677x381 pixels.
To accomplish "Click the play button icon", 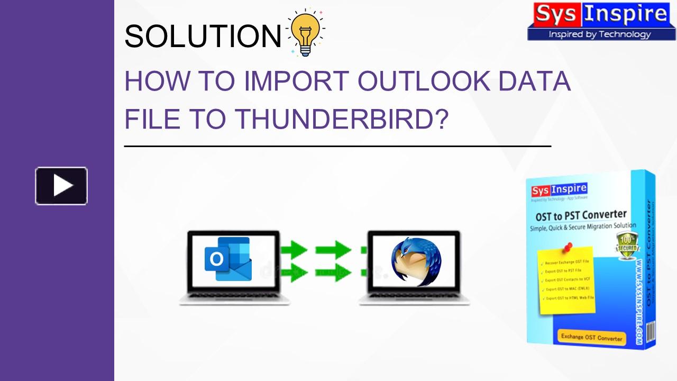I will point(61,186).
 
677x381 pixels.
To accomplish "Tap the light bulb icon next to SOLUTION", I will point(305,33).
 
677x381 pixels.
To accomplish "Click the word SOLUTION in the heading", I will point(203,36).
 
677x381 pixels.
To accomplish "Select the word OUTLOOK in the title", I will point(425,81).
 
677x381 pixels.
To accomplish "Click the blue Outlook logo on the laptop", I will point(228,259).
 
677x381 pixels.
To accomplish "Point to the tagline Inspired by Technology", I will point(599,34).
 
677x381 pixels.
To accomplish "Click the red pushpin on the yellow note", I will point(568,247).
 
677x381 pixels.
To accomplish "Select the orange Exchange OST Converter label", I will point(592,337).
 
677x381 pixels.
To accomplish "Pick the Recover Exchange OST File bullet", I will point(566,262).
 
